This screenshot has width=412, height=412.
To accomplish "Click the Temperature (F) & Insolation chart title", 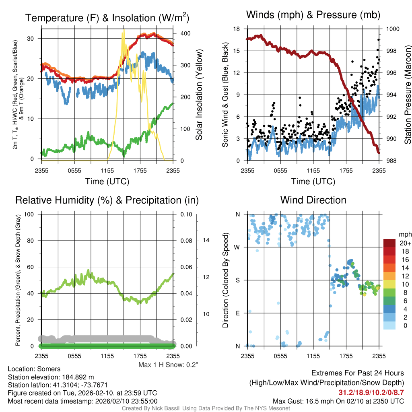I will tap(107, 18).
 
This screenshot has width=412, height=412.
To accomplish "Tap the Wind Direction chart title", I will tap(313, 200).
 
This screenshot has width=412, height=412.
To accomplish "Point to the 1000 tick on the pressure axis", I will tap(393, 29).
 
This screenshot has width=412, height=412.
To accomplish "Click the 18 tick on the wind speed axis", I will tap(237, 29).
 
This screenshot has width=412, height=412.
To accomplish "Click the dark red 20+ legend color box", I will tap(390, 243).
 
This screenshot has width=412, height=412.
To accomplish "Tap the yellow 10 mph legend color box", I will tap(390, 284).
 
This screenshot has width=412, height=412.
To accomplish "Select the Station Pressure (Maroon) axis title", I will tap(407, 94).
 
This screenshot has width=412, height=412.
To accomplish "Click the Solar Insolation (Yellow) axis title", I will tap(199, 95).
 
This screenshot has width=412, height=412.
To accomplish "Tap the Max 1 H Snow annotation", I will tap(168, 365).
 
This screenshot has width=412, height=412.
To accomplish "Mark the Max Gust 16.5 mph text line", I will tap(338, 401).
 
